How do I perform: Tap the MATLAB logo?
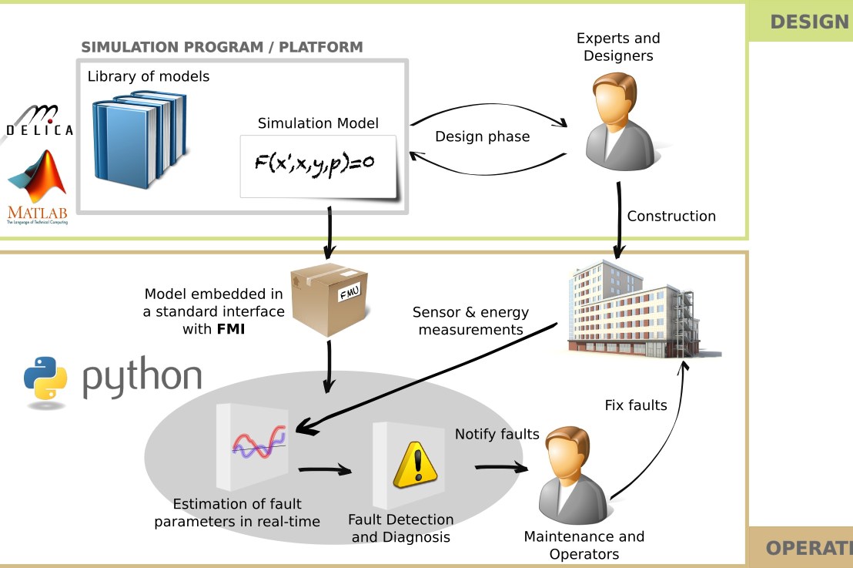pos(37,186)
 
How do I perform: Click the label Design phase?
pos(482,137)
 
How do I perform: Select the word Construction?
pos(671,217)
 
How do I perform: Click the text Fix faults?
pos(636,405)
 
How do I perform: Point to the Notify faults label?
pos(497,435)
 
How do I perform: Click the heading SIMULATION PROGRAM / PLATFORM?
pos(222,47)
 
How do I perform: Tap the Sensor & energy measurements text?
pos(470,321)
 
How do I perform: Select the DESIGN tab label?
pos(808,22)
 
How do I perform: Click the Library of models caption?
pos(149,76)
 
